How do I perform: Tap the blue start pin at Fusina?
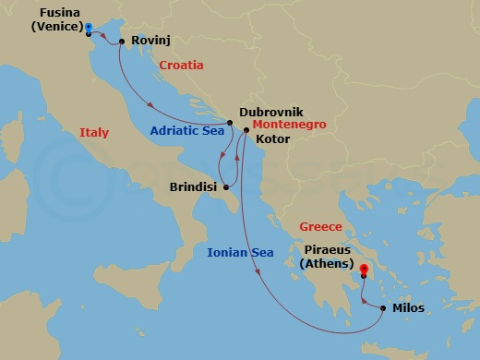point(89,28)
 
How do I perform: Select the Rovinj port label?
point(151,42)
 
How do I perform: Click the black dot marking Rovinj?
point(122,42)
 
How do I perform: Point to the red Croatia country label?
point(181,66)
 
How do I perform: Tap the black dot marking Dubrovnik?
point(230,122)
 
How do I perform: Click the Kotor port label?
point(272,138)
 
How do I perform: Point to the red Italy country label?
point(93,133)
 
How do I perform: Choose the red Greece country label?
point(320,226)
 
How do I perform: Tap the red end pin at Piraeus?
point(364,271)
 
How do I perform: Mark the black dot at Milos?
point(384,307)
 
